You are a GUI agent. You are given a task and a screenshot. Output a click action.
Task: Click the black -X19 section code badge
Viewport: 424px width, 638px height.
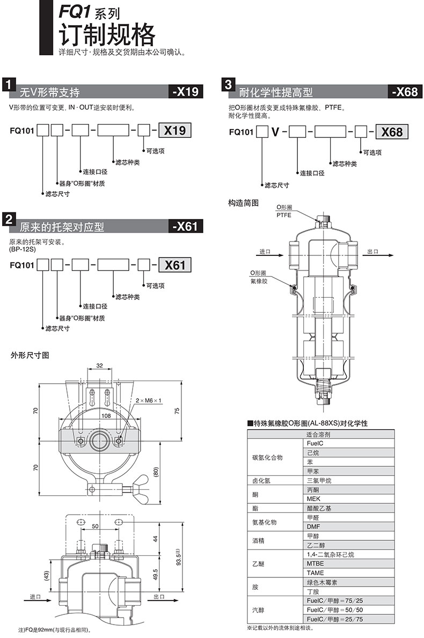click(186, 92)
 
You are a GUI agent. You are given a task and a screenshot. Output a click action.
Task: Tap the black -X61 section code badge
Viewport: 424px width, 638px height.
click(186, 226)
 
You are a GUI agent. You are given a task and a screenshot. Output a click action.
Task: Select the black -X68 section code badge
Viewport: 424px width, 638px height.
click(405, 92)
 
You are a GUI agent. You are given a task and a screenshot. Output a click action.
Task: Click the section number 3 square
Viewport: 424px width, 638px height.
click(228, 85)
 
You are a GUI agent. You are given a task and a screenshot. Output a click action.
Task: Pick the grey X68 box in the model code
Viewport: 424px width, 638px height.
click(392, 132)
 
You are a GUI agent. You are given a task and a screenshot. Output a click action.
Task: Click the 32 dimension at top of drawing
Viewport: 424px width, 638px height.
click(100, 365)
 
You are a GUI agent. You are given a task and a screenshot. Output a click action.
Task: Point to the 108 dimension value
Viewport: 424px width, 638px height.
click(106, 415)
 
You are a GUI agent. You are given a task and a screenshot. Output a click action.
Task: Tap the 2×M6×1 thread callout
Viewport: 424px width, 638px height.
click(149, 400)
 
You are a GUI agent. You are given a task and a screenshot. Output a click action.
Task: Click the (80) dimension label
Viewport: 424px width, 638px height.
click(156, 473)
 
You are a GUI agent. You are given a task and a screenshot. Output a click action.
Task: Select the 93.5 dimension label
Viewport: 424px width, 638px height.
click(178, 556)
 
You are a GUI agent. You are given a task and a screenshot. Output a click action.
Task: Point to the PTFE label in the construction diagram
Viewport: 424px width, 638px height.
click(284, 215)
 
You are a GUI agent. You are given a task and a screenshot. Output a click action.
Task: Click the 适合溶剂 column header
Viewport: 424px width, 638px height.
click(318, 435)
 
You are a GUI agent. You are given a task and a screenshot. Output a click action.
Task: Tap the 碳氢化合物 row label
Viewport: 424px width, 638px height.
click(267, 457)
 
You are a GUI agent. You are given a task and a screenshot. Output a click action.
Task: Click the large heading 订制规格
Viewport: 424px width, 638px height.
click(107, 35)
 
